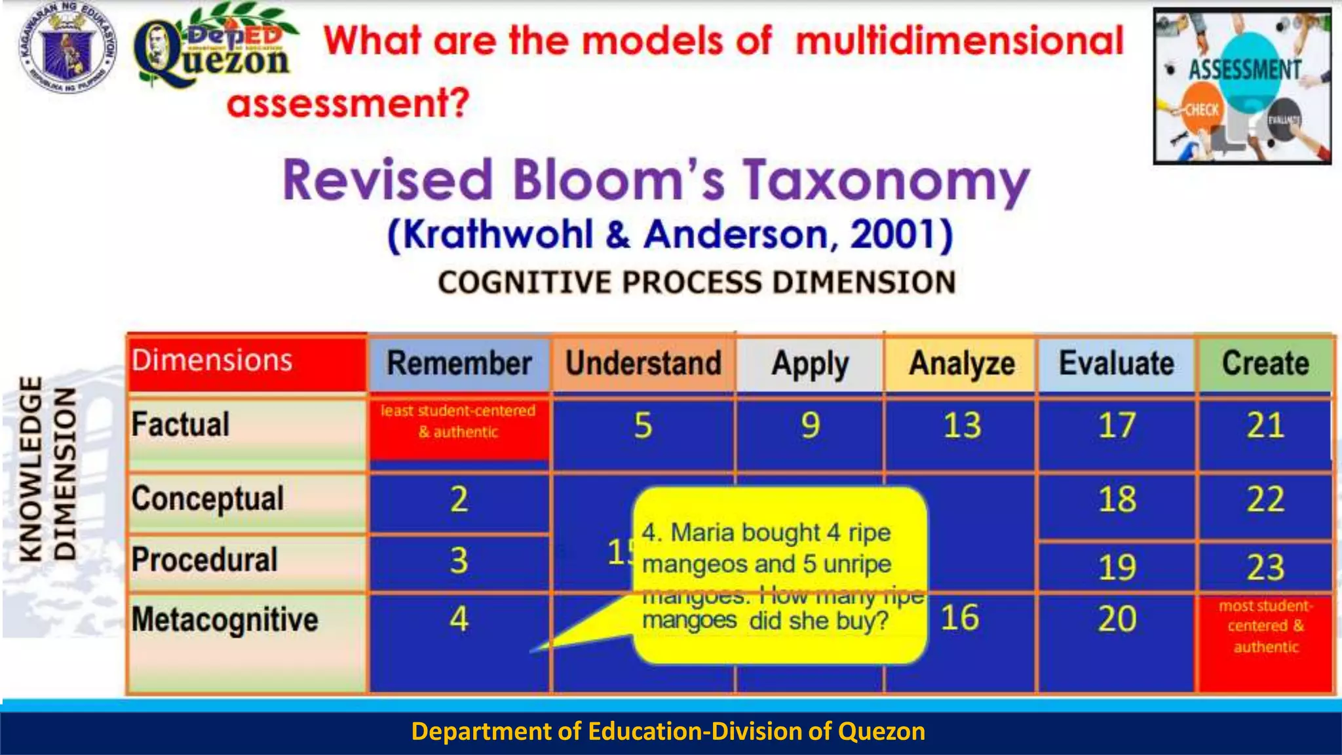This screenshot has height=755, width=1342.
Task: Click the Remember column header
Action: [459, 364]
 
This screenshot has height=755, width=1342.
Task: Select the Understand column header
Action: [643, 364]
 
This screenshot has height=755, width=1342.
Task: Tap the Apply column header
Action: [810, 364]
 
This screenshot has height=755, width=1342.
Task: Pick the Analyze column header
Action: [961, 364]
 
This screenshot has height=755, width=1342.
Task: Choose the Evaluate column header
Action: [1117, 364]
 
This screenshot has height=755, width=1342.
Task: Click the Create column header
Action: [1265, 364]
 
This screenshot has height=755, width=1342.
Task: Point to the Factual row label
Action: [181, 425]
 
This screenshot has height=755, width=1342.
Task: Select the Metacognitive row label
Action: [225, 620]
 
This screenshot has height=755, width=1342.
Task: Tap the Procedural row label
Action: [204, 560]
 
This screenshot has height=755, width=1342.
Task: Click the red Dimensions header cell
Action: [246, 362]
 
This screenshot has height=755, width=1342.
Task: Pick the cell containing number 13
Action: [961, 426]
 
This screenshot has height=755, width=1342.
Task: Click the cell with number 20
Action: [1117, 619]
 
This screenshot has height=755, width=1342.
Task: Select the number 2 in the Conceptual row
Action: [459, 499]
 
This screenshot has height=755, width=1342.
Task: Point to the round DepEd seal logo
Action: [67, 49]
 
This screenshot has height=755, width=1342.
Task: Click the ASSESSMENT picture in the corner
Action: [1242, 86]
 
